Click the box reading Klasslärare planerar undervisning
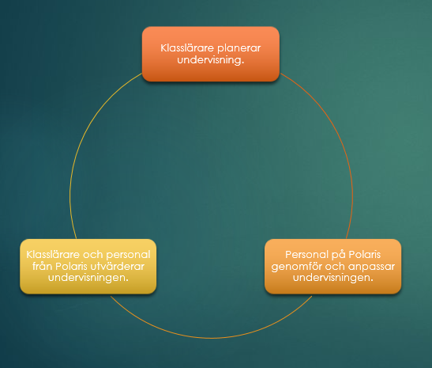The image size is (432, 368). [211, 54]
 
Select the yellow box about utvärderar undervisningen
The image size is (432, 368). [88, 267]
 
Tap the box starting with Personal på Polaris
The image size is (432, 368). [332, 267]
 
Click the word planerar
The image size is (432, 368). [239, 48]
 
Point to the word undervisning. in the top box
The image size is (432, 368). [211, 60]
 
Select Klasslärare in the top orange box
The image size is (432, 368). [187, 48]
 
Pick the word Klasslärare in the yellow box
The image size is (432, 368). [53, 255]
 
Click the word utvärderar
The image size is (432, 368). [118, 267]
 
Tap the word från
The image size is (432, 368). [43, 266]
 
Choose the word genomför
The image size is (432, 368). [296, 267]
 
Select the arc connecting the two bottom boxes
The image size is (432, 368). [212, 338]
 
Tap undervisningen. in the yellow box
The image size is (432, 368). [88, 278]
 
